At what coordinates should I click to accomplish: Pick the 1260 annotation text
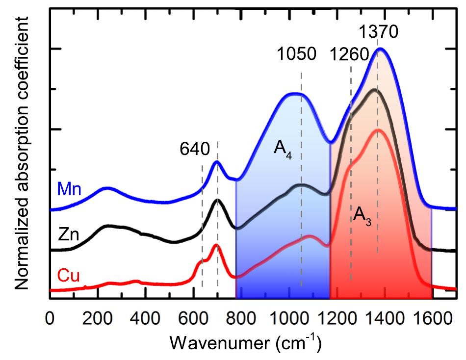349,54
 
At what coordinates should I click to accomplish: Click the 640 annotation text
195,148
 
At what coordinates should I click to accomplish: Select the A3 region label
362,218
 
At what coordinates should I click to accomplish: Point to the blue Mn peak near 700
217,162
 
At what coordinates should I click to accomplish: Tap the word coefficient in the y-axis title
21,54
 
